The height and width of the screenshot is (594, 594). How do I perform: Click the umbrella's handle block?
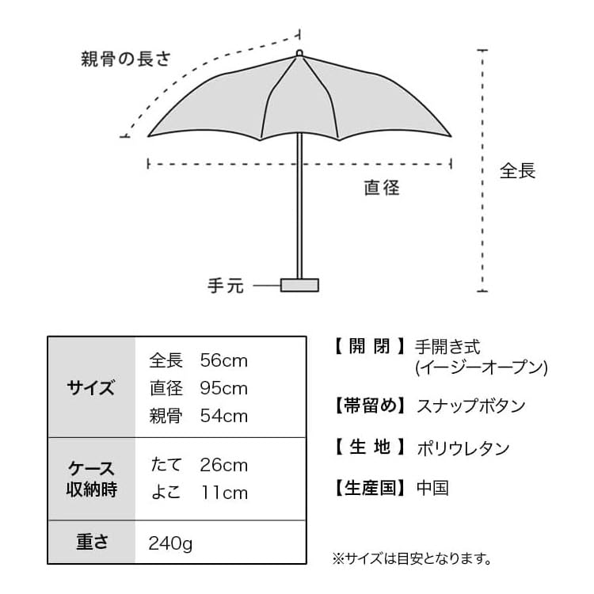[x=299, y=285]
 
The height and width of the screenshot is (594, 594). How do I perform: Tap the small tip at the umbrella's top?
[x=299, y=53]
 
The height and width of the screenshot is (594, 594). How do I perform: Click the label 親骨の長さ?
[x=126, y=59]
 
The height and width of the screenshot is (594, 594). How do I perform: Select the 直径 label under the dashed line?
[x=382, y=188]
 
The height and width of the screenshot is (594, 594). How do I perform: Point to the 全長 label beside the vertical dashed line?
[x=517, y=171]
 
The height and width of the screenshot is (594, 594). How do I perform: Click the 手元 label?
[x=226, y=286]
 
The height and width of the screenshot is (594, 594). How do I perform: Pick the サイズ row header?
[x=91, y=387]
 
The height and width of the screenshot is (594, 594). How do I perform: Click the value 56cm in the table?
[x=223, y=360]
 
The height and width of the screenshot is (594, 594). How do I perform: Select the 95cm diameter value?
[x=223, y=388]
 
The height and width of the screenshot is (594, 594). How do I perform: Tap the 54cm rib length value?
[x=223, y=416]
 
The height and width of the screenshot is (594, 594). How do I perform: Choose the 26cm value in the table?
[x=223, y=465]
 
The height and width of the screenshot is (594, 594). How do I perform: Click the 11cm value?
[x=224, y=493]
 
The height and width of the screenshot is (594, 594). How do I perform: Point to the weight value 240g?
[x=170, y=543]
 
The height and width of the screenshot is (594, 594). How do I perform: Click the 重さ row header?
[x=92, y=542]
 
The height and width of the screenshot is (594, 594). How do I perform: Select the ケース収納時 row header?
[x=91, y=479]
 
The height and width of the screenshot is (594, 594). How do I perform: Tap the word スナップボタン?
[x=471, y=406]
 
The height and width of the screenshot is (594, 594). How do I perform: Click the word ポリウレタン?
[x=463, y=448]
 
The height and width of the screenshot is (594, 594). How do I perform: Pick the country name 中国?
[x=432, y=488]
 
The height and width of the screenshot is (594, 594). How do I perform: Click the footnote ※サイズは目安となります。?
[x=412, y=558]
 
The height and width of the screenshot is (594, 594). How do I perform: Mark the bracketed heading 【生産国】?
[x=370, y=488]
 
